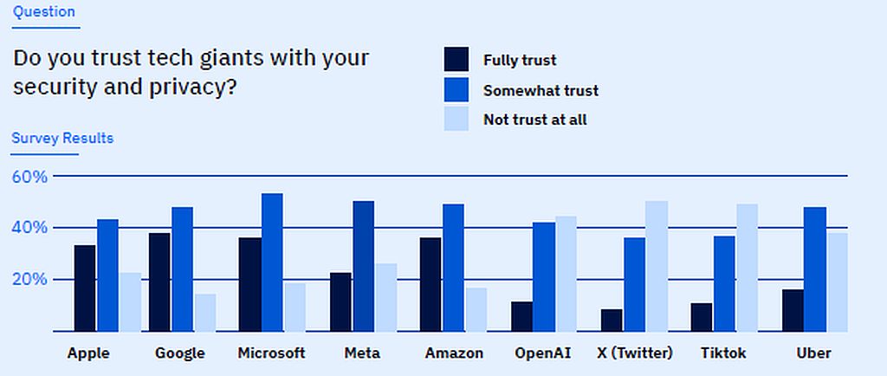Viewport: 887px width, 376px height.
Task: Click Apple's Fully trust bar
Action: (85, 288)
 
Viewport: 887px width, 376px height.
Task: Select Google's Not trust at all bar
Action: (205, 313)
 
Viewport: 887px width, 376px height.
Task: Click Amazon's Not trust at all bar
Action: (476, 309)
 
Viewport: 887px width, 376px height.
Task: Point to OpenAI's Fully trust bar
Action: (521, 316)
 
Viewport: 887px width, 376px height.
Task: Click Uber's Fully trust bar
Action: (793, 310)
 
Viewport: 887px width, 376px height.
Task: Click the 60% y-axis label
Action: (29, 177)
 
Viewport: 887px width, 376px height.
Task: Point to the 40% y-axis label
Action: (29, 228)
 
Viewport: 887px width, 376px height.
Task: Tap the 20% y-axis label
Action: (29, 280)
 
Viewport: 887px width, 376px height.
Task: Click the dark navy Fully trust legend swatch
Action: (456, 60)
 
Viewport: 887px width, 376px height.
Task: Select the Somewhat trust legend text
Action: (541, 90)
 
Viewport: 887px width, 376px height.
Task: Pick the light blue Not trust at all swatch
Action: (456, 119)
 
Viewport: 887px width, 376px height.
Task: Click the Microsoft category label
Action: (272, 353)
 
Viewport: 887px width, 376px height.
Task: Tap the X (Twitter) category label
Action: (634, 353)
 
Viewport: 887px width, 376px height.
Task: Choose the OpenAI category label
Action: (542, 353)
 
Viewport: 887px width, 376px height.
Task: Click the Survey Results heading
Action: (62, 138)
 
